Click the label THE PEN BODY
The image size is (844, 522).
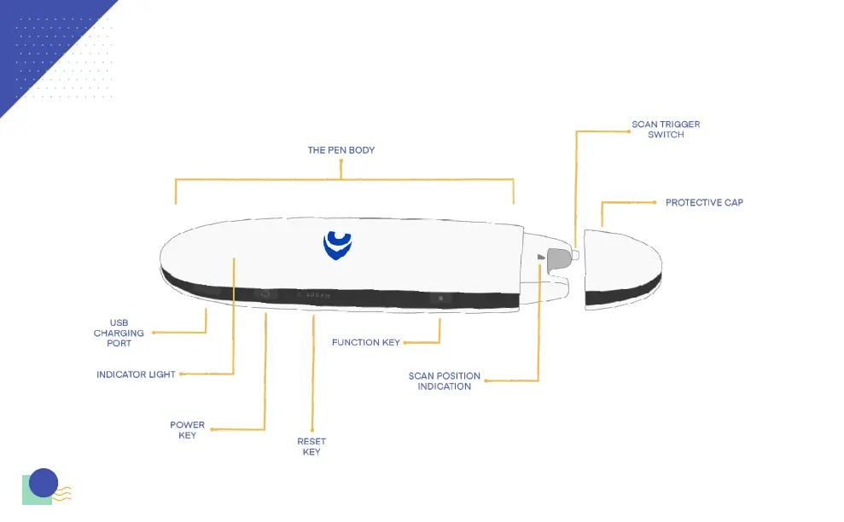(x=341, y=150)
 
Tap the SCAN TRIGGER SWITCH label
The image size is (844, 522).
(x=666, y=130)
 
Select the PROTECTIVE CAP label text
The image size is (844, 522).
(x=704, y=203)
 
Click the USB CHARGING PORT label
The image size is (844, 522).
(x=119, y=333)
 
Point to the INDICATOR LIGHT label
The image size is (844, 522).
(x=136, y=374)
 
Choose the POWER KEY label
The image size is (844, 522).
(x=187, y=430)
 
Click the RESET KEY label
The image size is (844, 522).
(x=311, y=447)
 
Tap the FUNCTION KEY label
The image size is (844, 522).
(x=365, y=343)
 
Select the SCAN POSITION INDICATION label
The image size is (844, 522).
(x=444, y=381)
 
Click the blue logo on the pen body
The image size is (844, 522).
(x=337, y=245)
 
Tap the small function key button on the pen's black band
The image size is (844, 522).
(x=440, y=299)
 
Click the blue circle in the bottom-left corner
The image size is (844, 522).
(x=43, y=483)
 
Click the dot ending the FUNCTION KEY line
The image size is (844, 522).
(x=405, y=343)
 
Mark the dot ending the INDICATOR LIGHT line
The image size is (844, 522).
(x=181, y=374)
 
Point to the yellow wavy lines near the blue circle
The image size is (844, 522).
(x=63, y=494)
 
